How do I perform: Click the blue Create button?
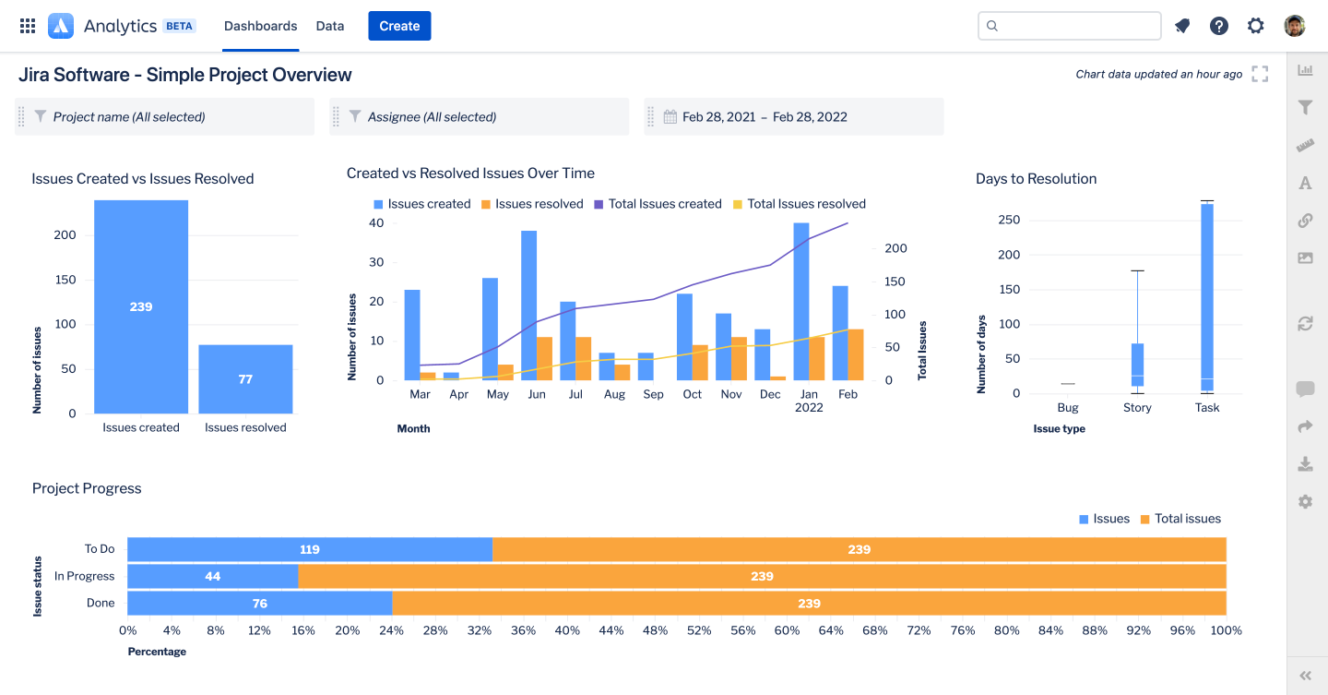399,26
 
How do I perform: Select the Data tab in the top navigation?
330,26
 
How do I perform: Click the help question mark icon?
1219,26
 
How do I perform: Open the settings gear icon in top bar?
1256,26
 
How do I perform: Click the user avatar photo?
1295,26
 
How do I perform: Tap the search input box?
1070,26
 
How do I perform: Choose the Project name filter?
129,117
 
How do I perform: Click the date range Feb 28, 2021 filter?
765,117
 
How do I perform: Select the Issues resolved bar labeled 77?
245,379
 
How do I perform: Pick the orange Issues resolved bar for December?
778,377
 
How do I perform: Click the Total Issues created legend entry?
658,204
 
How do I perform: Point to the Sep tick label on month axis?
653,395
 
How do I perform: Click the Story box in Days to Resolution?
1137,365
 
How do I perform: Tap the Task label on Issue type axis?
1206,408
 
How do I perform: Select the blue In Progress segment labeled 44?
213,576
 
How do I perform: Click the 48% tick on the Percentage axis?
655,630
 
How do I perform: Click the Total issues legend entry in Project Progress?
1180,519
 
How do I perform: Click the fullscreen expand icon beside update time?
1260,74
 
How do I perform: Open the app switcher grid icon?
28,26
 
